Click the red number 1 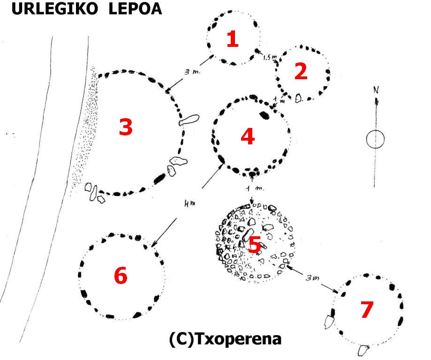pyautogui.click(x=232, y=39)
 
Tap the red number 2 pyautogui.click(x=300, y=71)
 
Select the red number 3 pyautogui.click(x=125, y=127)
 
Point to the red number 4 pyautogui.click(x=247, y=136)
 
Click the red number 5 pyautogui.click(x=255, y=244)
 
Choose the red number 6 pyautogui.click(x=121, y=276)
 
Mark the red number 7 pyautogui.click(x=366, y=309)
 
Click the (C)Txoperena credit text pyautogui.click(x=225, y=338)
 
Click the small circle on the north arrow pyautogui.click(x=375, y=139)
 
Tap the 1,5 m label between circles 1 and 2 pyautogui.click(x=270, y=57)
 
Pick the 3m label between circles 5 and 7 pyautogui.click(x=313, y=278)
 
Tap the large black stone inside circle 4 pyautogui.click(x=265, y=114)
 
